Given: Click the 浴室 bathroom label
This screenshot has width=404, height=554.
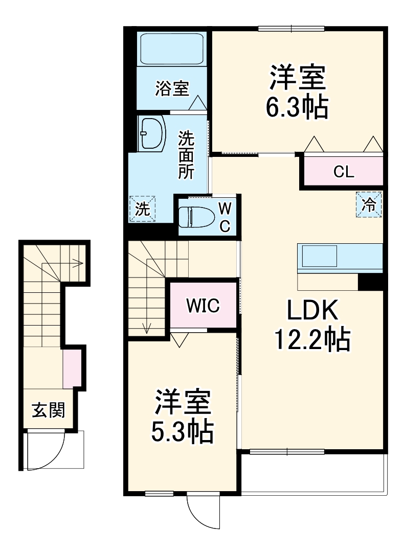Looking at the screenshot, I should click(172, 89).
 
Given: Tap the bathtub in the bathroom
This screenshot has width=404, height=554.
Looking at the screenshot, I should click(172, 50).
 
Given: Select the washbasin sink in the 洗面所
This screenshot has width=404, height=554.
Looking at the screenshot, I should click(152, 133).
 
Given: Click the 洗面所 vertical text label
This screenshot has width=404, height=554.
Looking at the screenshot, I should click(186, 155).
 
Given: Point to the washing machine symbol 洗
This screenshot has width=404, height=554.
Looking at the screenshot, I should click(142, 209).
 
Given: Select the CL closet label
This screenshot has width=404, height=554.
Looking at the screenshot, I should click(343, 172).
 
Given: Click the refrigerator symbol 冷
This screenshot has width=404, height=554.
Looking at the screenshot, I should click(369, 204).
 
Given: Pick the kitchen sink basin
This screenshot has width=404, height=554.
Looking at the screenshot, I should click(319, 256).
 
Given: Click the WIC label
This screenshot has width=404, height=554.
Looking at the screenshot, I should click(203, 306).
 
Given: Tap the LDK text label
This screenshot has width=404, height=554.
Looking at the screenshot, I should click(311, 310).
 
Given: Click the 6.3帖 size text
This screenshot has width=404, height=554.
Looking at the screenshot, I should click(297, 106).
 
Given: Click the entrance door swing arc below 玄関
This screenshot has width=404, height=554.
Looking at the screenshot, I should click(51, 452).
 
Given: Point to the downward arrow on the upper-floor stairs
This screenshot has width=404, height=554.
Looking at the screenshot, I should click(147, 327).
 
